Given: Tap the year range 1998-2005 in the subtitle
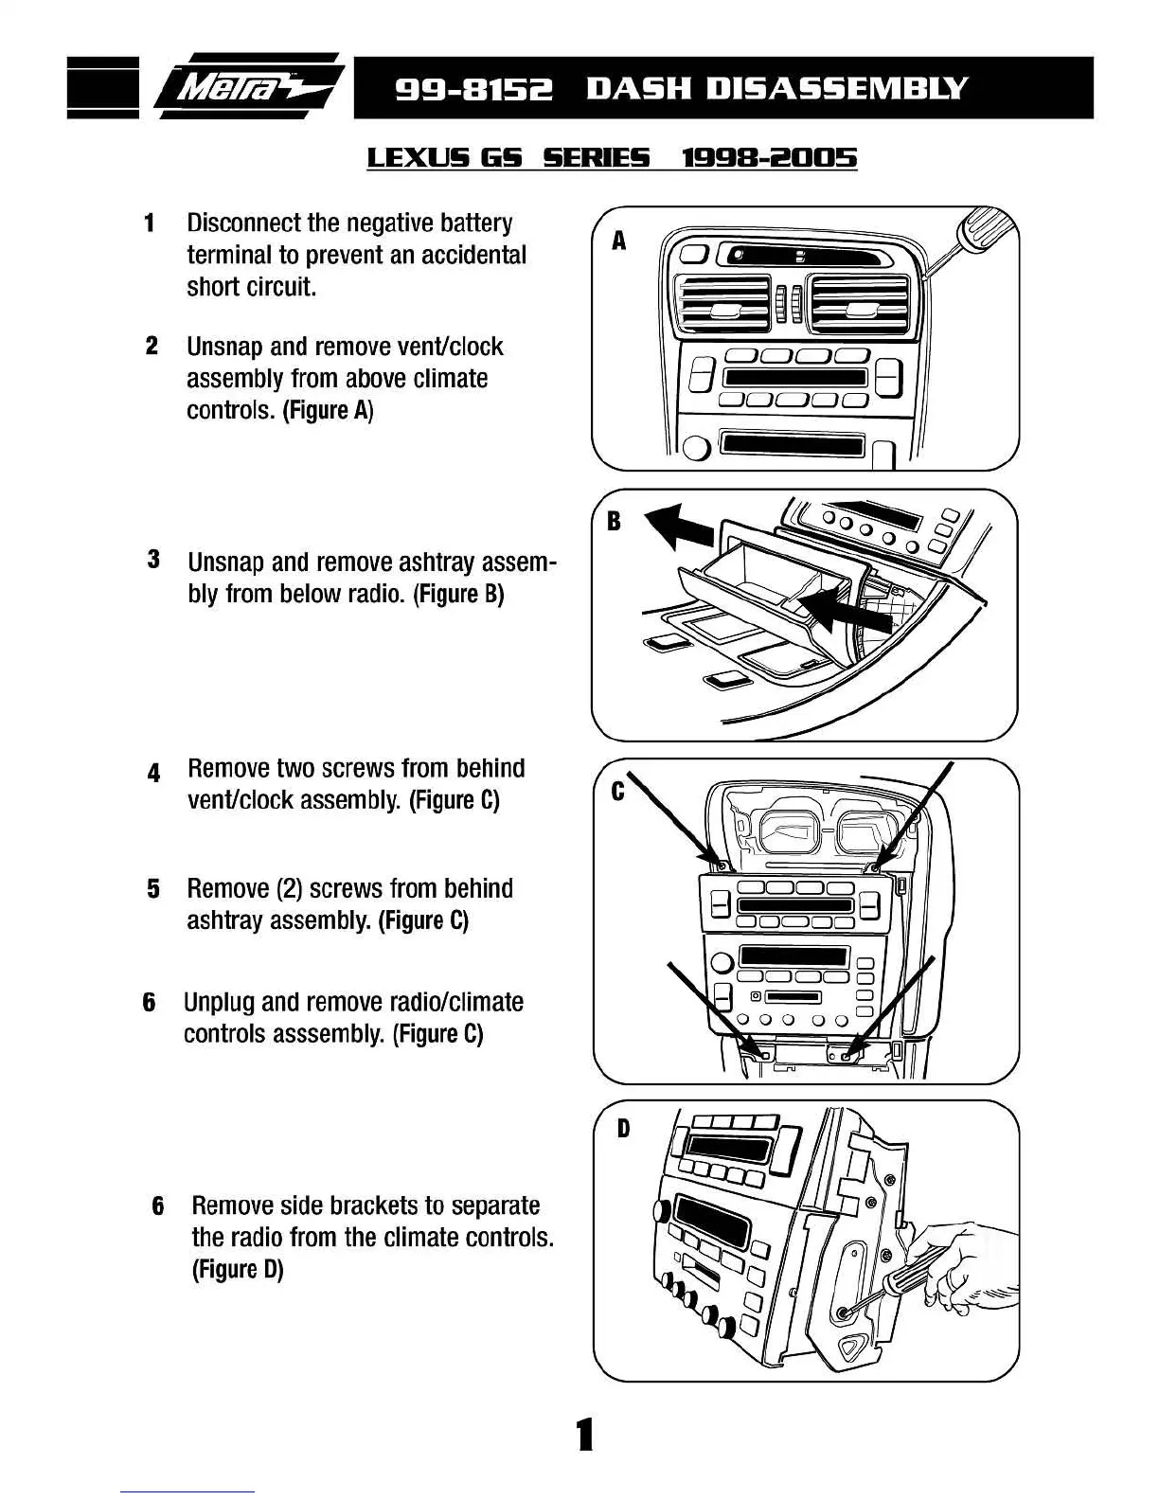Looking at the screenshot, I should coord(769,158).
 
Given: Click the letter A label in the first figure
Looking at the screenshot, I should coord(618,241).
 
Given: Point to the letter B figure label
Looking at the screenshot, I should coord(614,521).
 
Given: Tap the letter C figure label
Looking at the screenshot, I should coord(617,791).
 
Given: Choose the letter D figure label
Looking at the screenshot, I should coord(623,1129).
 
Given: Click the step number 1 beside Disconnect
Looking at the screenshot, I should coord(149,224).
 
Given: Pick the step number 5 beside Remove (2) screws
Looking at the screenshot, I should coord(152,889).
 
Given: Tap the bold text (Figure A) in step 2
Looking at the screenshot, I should coord(329,411).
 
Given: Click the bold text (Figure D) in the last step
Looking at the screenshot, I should coord(238,1269).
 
